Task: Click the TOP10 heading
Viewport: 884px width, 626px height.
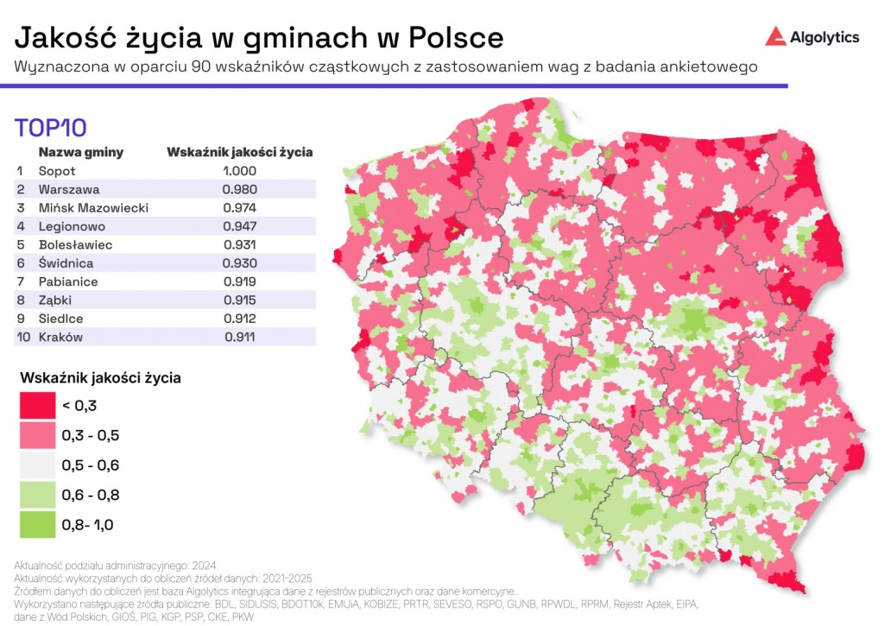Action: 51,128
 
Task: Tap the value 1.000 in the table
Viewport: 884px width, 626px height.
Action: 239,170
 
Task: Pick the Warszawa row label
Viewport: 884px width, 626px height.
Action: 69,189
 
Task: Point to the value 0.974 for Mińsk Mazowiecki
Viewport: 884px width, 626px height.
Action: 239,208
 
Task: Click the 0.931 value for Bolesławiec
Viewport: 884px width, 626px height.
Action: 239,245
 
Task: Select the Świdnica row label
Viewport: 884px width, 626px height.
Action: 66,263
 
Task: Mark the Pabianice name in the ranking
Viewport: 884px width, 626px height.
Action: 68,281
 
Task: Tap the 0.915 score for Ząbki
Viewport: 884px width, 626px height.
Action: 239,300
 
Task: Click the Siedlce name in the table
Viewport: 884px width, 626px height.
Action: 61,319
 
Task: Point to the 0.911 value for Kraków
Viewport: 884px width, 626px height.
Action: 239,338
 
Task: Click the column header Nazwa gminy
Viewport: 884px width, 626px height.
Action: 81,152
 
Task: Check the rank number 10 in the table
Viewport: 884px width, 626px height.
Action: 22,338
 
